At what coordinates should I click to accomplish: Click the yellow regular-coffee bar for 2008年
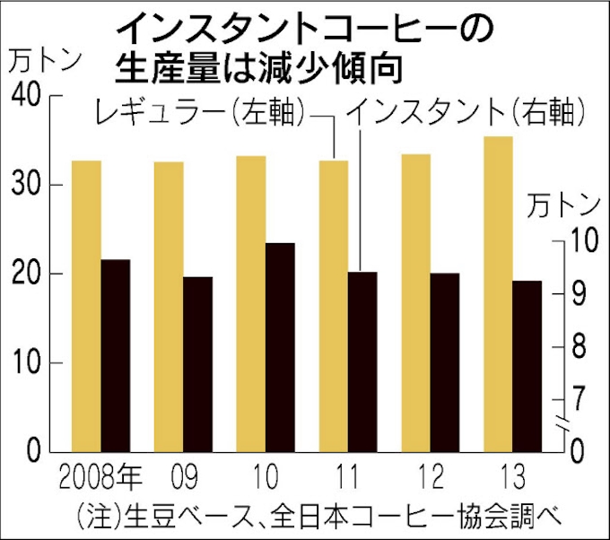pyautogui.click(x=86, y=305)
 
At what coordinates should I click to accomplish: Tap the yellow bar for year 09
pyautogui.click(x=169, y=306)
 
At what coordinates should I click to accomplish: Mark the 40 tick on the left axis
pyautogui.click(x=29, y=97)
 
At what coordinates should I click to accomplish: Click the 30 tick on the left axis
pyautogui.click(x=29, y=186)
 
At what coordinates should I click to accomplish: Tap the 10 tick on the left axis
pyautogui.click(x=29, y=363)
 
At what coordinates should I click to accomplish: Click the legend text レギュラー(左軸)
pyautogui.click(x=198, y=114)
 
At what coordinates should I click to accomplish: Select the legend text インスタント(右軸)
pyautogui.click(x=466, y=114)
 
